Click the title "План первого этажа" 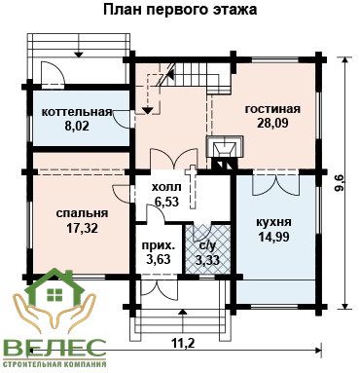click(180, 10)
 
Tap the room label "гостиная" click(272, 109)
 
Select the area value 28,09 click(272, 123)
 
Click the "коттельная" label click(77, 112)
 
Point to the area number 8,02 click(77, 126)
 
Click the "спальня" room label click(82, 213)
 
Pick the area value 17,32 click(82, 228)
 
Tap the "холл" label click(166, 187)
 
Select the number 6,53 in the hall click(166, 202)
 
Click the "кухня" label click(273, 223)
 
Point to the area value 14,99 click(273, 237)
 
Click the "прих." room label click(159, 245)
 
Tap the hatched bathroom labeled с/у click(207, 249)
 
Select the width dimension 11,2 click(183, 343)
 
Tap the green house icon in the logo click(54, 288)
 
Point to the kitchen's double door click(275, 185)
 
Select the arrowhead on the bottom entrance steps click(183, 312)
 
